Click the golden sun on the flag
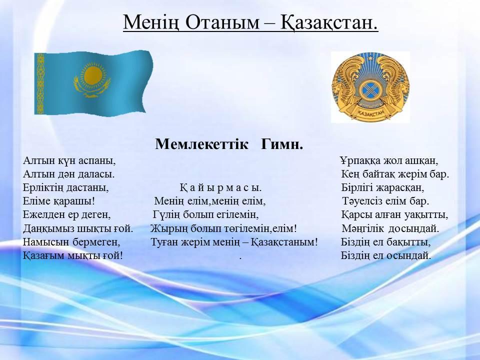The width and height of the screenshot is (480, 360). point(92,75)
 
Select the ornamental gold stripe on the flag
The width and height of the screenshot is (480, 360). point(40,83)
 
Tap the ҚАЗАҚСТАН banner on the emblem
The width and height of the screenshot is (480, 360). point(370,114)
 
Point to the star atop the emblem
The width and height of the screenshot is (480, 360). point(370,57)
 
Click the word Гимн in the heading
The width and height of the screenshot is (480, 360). point(282,144)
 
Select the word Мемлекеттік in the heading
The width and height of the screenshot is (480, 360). point(201,144)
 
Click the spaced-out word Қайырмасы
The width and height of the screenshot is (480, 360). point(220,187)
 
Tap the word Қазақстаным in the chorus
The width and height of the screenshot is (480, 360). point(284,242)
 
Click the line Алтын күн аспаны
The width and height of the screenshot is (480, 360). point(69,160)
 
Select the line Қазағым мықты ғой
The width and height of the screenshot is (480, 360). point(73,255)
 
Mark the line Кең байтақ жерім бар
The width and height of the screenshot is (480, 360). point(395,174)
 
